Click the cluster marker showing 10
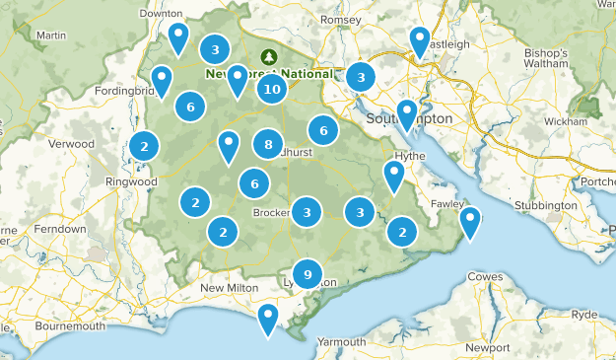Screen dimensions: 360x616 pos(272,90)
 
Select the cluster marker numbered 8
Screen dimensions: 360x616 pos(268,145)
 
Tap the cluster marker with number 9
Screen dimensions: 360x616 pos(308,274)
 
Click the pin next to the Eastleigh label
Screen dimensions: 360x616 pos(420,40)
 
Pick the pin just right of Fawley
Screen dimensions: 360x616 pos(470,221)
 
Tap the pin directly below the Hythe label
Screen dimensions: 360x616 pos(394,175)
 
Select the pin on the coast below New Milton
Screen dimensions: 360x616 pos(267,318)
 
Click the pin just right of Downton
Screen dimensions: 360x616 pos(177,36)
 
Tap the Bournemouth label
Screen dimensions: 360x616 pos(69,325)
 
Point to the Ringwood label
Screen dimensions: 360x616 pos(132,181)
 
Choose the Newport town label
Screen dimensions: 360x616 pos(488,347)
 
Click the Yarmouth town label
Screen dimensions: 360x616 pos(341,341)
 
